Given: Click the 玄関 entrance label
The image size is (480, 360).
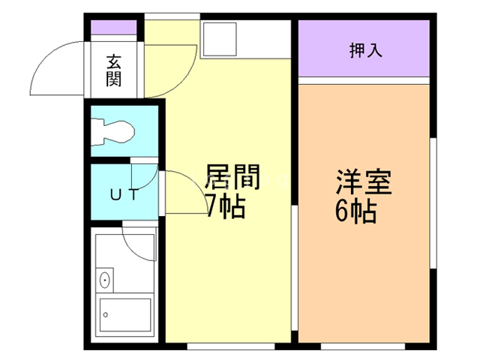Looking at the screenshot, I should (x=113, y=70).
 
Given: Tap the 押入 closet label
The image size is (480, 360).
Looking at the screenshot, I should (x=365, y=50).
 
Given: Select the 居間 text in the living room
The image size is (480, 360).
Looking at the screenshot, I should (x=232, y=178).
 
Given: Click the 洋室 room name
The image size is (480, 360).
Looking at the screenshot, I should (x=364, y=183).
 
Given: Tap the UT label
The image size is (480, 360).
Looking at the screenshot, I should (x=124, y=195).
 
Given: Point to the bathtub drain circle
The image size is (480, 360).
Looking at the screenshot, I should (x=106, y=313).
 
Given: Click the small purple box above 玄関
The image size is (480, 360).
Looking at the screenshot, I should (x=114, y=29).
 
